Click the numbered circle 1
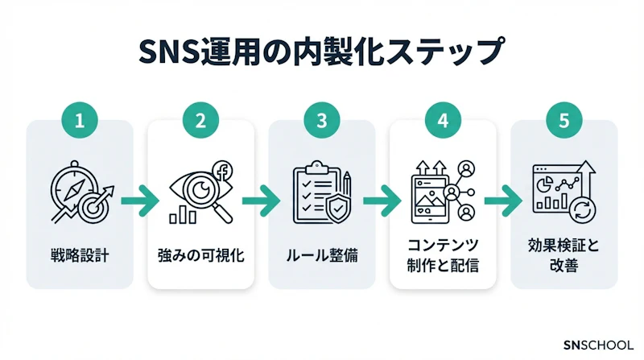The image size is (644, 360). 80,122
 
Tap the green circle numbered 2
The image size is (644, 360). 201,122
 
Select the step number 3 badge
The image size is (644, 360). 322,122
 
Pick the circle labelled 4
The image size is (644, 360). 443,122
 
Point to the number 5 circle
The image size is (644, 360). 563,122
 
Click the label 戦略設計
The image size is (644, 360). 80,257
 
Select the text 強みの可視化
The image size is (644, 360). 201,257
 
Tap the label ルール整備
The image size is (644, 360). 322,257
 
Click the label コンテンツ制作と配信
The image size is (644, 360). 443,254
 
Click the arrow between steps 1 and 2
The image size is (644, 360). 140,197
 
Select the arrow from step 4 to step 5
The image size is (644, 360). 503,197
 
